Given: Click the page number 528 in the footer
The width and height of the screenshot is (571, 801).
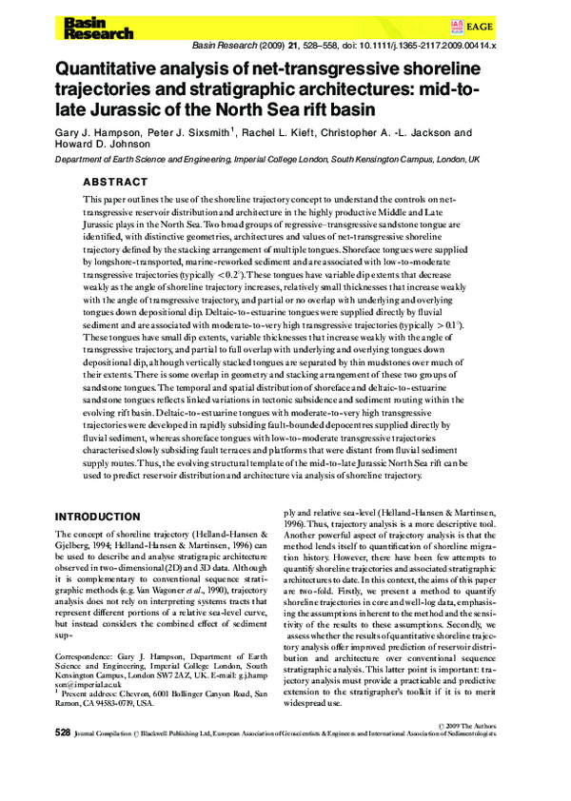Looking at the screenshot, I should coord(63,759).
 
